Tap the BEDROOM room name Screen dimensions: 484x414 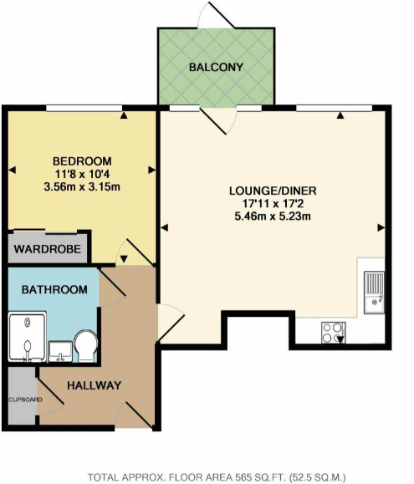point(81,160)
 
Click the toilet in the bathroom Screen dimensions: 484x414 point(84,344)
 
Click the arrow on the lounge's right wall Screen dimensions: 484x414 point(381,227)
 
